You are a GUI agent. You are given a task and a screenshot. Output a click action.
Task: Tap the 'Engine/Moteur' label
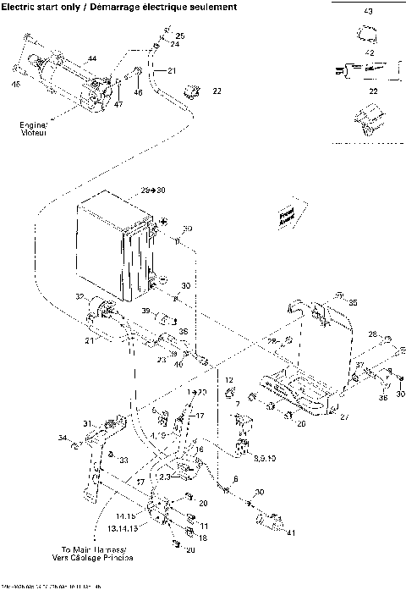[34, 128]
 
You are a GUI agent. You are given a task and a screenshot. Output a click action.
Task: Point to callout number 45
[15, 83]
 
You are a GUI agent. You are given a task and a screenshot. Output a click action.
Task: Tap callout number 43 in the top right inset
[367, 13]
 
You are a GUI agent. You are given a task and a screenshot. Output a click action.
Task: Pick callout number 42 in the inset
[368, 52]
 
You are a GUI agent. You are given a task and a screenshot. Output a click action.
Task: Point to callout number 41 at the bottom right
[293, 532]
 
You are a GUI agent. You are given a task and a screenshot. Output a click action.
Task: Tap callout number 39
[145, 312]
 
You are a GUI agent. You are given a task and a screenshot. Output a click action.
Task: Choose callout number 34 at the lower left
[61, 438]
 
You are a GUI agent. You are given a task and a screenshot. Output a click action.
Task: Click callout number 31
[86, 423]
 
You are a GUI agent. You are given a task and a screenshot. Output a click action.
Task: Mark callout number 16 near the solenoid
[199, 449]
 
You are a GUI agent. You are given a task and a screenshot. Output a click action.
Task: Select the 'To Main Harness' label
[100, 553]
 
